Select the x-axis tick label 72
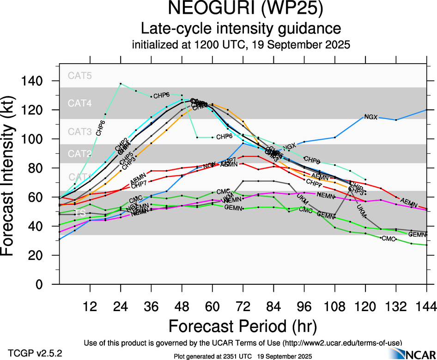243,306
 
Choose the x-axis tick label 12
90,306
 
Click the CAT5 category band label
80,76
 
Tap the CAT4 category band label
80,103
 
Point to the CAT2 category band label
80,154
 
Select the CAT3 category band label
80,132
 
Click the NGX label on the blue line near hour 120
371,117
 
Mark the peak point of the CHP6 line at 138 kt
121,84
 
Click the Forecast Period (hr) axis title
243,326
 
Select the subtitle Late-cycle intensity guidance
241,29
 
